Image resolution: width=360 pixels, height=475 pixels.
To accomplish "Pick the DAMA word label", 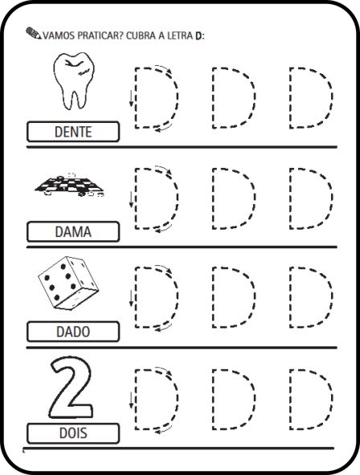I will (x=72, y=232).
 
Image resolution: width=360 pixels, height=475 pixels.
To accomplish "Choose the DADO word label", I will (x=72, y=331).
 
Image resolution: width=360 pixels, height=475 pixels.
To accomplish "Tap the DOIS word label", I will (x=72, y=434).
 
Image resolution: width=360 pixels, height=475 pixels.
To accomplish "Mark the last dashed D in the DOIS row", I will (x=309, y=399).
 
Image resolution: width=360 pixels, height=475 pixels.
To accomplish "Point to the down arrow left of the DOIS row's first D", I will (x=130, y=400).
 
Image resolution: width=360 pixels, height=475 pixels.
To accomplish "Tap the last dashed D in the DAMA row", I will (x=309, y=198).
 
